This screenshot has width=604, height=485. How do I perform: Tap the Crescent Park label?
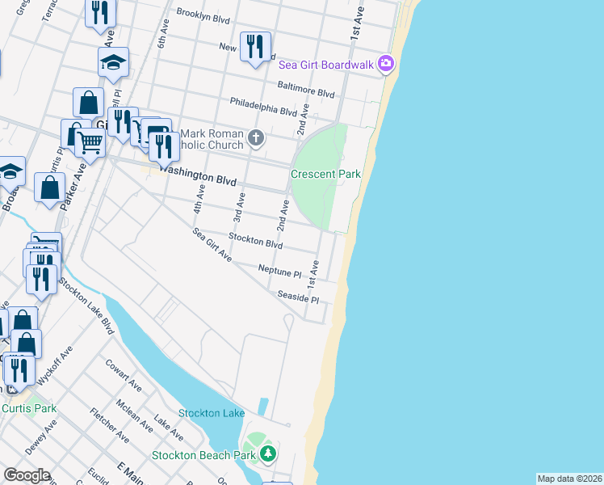[x=325, y=174]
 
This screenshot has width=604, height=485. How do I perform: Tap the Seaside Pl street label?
[x=298, y=297]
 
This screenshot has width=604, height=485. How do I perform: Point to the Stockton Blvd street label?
[x=255, y=240]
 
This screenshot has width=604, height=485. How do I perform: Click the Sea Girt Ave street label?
[x=212, y=245]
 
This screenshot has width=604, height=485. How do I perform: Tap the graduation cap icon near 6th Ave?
[x=114, y=62]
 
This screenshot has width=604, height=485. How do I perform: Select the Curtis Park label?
[x=29, y=408]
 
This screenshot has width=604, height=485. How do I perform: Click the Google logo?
[x=27, y=475]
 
